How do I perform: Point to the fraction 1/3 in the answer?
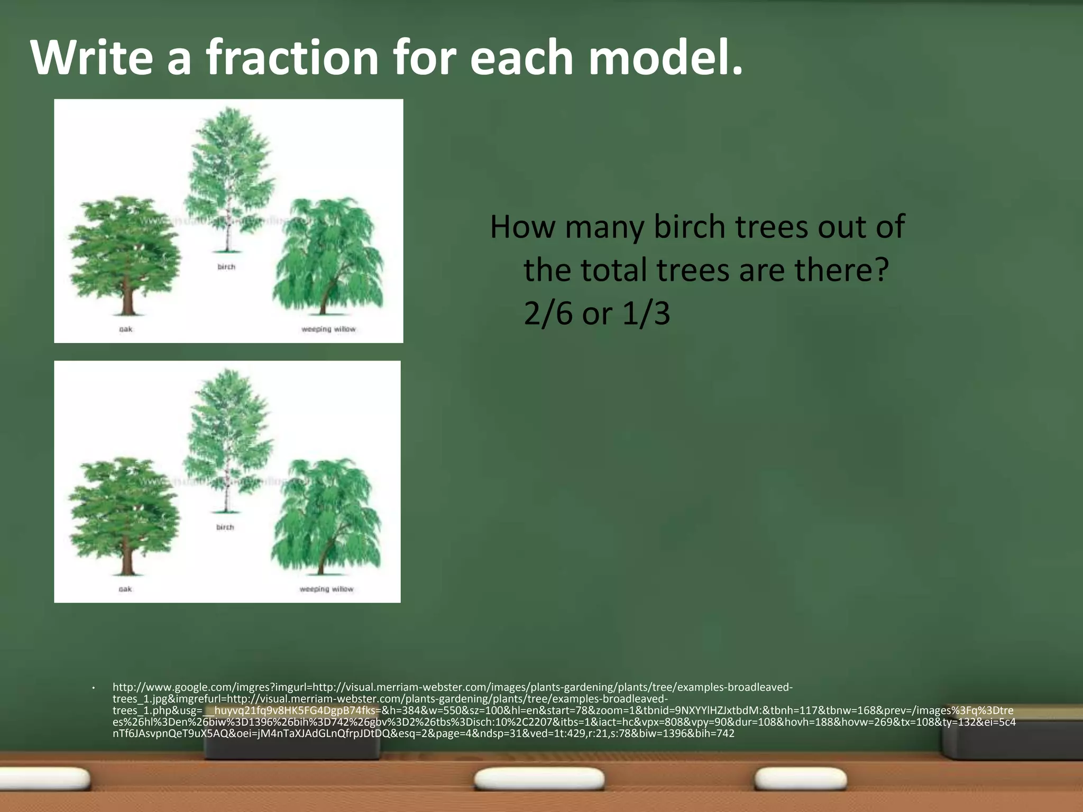click(646, 313)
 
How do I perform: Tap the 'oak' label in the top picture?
click(126, 329)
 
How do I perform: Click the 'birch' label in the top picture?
click(226, 267)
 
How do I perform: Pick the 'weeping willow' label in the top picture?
click(328, 329)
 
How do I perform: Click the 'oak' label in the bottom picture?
click(125, 589)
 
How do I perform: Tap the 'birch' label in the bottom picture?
click(225, 527)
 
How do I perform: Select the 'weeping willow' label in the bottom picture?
click(326, 589)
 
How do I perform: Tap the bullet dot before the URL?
click(93, 688)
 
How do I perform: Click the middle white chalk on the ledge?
click(539, 779)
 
